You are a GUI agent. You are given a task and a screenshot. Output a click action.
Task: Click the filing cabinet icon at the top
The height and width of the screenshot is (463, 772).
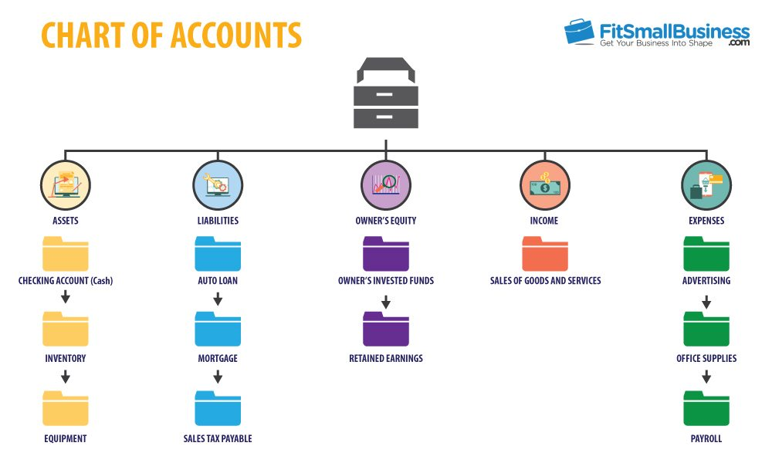tap(386, 93)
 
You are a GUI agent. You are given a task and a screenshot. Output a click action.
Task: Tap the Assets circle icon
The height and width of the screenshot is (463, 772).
tap(66, 185)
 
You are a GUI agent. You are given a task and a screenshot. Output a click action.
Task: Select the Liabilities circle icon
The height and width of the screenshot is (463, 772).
tap(218, 185)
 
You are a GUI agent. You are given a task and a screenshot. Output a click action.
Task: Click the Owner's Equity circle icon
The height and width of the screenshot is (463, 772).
tap(386, 185)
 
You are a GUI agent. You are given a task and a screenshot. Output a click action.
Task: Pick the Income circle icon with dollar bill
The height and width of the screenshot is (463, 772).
tap(544, 185)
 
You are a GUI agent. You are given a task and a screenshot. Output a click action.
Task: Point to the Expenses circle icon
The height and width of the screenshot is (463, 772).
tap(706, 185)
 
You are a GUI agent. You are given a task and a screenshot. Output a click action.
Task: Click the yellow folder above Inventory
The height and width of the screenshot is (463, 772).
tap(66, 329)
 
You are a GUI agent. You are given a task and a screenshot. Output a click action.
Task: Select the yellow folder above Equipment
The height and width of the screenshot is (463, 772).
tap(66, 408)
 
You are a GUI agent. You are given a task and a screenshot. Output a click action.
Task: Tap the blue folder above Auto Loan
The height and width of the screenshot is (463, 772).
tap(218, 254)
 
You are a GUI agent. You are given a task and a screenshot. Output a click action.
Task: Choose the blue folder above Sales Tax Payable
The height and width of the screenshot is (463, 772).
tap(218, 408)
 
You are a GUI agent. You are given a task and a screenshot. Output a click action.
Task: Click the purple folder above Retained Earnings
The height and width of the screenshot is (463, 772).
tap(386, 329)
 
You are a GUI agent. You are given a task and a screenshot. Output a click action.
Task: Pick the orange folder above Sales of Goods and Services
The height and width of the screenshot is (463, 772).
tap(545, 254)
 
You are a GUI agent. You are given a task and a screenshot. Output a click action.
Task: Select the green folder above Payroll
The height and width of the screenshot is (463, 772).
tap(706, 408)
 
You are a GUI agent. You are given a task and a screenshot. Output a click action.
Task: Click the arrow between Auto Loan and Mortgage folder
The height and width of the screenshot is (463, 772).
tap(218, 299)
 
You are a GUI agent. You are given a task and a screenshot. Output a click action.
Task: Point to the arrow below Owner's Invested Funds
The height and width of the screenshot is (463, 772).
tap(386, 302)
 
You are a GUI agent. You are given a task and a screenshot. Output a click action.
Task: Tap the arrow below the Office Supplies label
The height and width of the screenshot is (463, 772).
tap(706, 377)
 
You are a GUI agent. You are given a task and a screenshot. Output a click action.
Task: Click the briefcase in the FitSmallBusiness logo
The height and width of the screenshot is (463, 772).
tap(579, 32)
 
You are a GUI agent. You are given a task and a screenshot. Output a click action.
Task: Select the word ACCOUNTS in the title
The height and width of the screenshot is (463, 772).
tap(235, 35)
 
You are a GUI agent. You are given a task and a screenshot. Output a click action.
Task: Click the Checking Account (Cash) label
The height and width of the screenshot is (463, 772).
tap(66, 280)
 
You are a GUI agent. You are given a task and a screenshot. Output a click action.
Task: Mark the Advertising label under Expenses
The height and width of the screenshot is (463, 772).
tap(706, 280)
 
